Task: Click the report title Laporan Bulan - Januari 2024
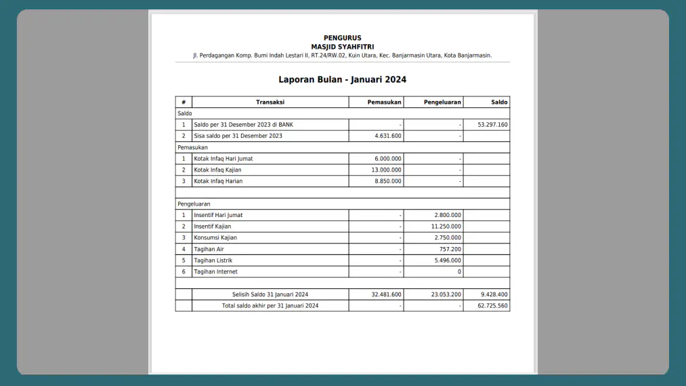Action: (342, 79)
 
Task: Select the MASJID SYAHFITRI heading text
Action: (342, 47)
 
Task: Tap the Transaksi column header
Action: (270, 102)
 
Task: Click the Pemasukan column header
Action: (384, 102)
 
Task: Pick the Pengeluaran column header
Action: (442, 102)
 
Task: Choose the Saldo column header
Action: (499, 102)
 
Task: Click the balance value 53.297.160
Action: (492, 125)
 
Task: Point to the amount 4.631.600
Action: (387, 136)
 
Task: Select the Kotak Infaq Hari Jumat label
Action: (223, 159)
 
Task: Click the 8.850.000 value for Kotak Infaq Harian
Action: (387, 181)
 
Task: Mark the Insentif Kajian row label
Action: (212, 227)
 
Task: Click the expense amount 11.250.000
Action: (446, 227)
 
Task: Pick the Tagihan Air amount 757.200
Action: (450, 249)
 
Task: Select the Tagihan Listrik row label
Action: (213, 260)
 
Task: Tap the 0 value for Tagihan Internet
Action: (459, 272)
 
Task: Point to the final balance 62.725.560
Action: (492, 306)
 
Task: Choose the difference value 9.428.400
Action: (494, 294)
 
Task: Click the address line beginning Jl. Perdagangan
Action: (342, 56)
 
